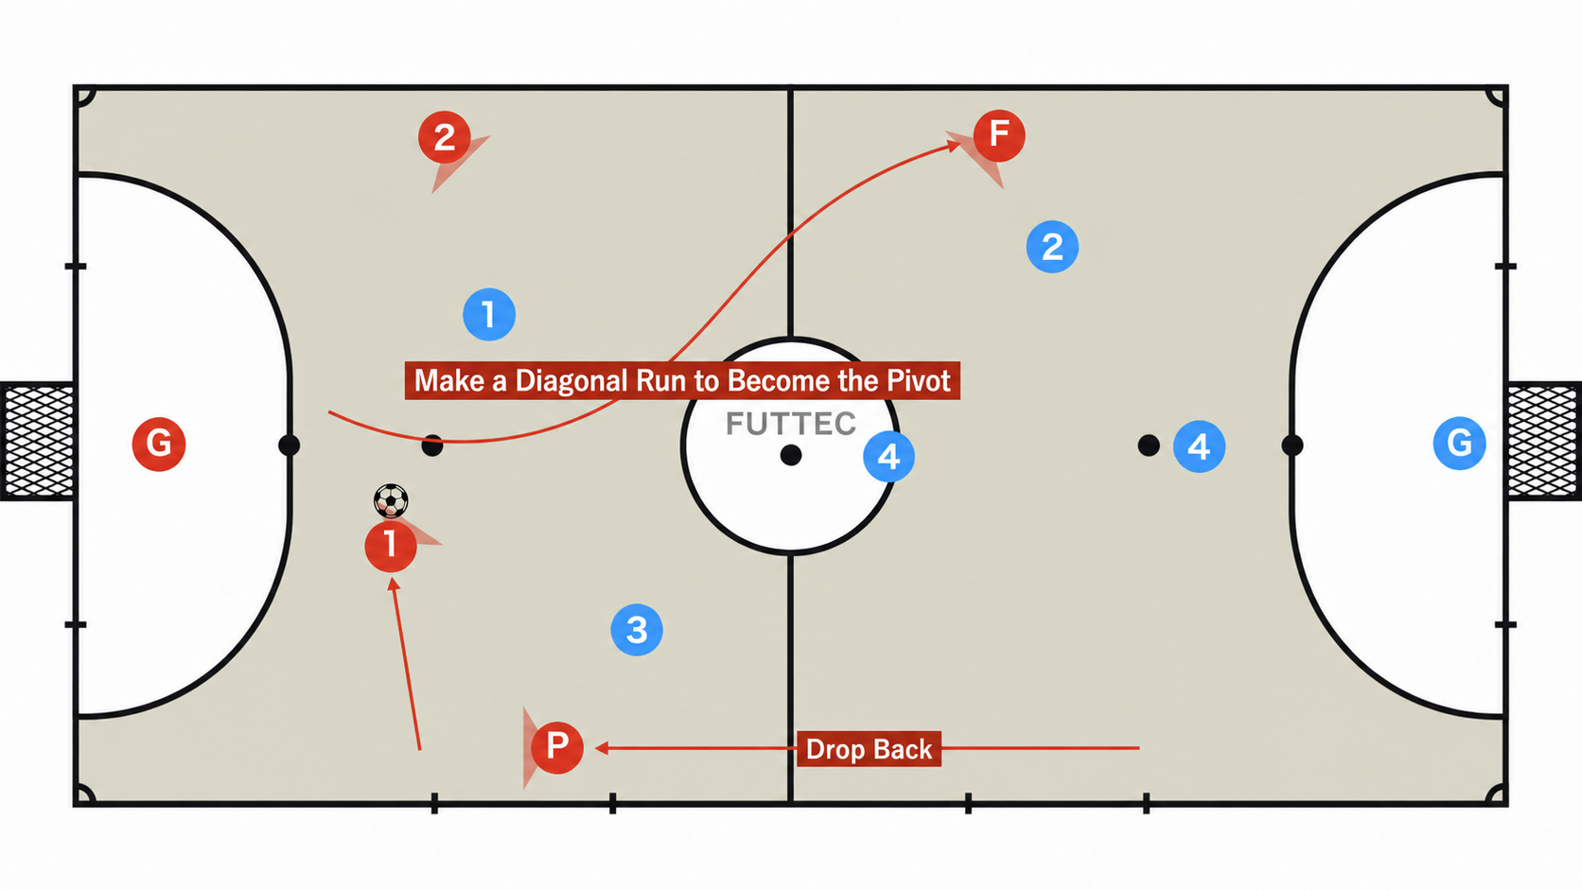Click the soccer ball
pos(391,501)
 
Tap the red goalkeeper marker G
pos(159,444)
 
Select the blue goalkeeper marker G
pos(1459,444)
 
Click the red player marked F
pos(998,135)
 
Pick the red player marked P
pos(557,747)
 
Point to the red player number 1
pos(391,545)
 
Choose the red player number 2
pos(445,137)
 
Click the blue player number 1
pos(489,314)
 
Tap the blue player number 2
pos(1052,247)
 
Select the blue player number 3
pos(637,630)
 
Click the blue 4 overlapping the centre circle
pos(888,456)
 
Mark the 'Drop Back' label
pos(869,749)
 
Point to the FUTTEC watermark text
pos(790,424)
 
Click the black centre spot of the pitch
pos(791,455)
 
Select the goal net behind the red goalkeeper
pos(38,441)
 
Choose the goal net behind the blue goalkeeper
pos(1544,441)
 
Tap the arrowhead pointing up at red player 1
pos(394,585)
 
